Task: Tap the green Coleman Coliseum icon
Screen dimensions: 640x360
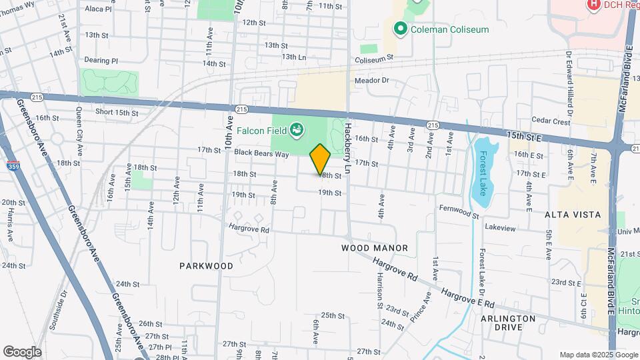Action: (x=400, y=29)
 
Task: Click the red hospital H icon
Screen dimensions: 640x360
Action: (x=593, y=5)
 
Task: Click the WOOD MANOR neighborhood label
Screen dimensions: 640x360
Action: (x=374, y=248)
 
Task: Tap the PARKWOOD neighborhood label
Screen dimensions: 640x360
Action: (x=206, y=265)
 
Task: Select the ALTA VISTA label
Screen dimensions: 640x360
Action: (x=572, y=215)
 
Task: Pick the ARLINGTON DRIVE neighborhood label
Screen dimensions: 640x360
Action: (x=508, y=323)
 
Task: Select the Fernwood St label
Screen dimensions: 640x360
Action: (x=459, y=211)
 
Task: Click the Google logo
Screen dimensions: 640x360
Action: (x=22, y=352)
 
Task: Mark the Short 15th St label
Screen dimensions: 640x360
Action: (x=117, y=113)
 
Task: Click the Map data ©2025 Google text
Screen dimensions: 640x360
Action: (x=598, y=355)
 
